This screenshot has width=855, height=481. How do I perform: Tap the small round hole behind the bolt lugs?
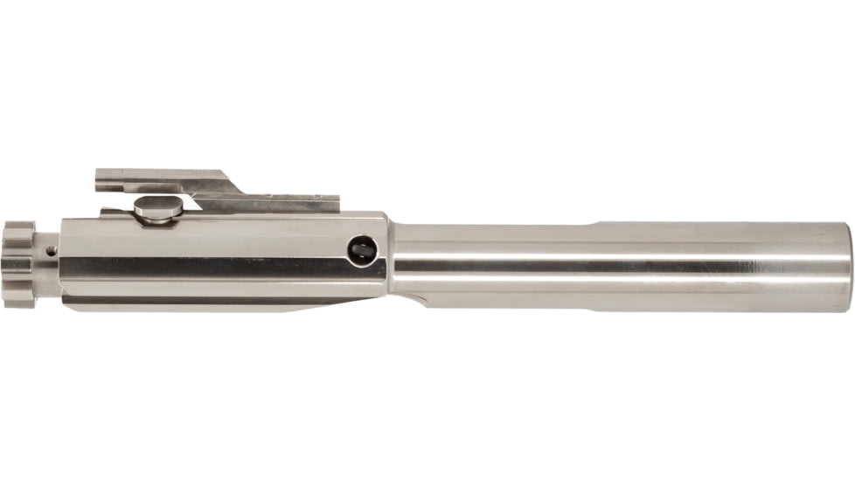click(52, 251)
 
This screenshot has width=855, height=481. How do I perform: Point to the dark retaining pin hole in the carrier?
click(358, 250)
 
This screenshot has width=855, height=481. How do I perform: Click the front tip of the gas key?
click(98, 178)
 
